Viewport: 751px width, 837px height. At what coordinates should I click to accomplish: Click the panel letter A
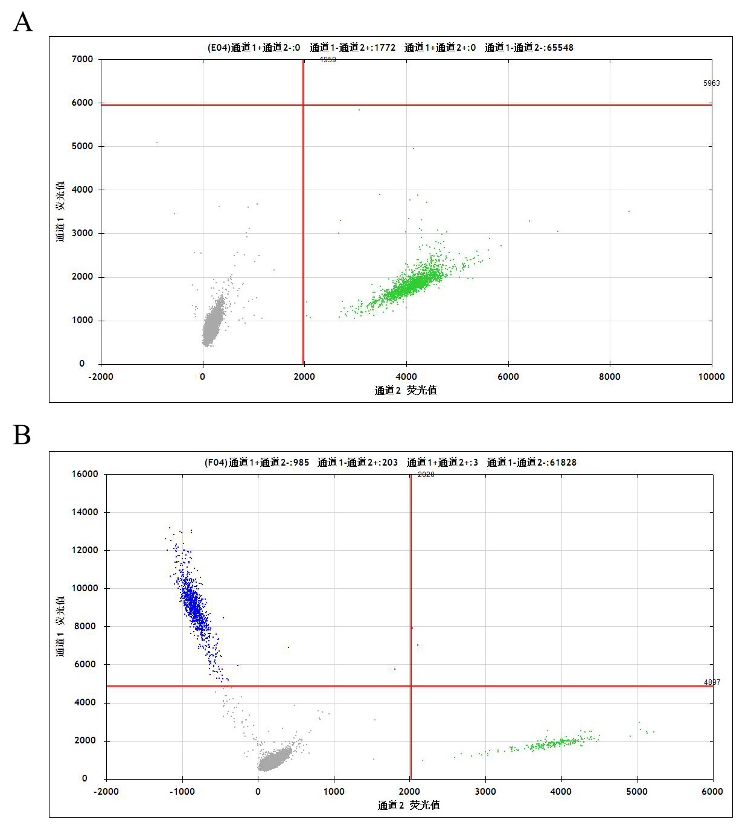pos(23,22)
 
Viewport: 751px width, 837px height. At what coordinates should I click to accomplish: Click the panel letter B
pos(22,435)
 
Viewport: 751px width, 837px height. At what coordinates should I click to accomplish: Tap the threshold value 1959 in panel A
pos(328,60)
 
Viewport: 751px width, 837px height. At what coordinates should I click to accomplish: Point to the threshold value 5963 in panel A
pos(711,83)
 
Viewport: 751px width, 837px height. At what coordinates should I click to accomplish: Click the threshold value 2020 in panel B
pos(426,475)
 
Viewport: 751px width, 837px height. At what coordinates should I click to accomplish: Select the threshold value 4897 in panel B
pos(712,682)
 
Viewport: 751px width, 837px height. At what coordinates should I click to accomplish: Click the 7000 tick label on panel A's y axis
pos(82,59)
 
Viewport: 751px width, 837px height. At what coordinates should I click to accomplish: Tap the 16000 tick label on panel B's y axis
pos(85,474)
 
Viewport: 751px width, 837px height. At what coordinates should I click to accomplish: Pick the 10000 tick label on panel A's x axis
pos(711,377)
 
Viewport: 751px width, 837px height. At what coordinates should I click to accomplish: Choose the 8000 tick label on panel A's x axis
pos(609,377)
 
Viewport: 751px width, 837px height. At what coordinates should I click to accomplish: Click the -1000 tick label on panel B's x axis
pos(182,792)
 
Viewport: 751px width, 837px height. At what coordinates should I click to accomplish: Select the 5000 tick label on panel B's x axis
pos(636,792)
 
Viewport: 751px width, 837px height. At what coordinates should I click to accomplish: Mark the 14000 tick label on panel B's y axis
pos(85,512)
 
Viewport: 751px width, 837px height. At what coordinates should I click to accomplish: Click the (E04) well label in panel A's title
pos(219,48)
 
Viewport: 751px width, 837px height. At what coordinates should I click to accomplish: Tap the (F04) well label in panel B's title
pos(216,463)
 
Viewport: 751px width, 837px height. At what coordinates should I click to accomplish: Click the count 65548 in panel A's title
pos(560,48)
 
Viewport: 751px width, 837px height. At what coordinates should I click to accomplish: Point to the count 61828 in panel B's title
pos(563,463)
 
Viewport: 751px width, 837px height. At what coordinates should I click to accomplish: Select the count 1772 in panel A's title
pos(385,48)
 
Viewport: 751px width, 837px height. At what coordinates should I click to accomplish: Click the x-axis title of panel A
pos(406,391)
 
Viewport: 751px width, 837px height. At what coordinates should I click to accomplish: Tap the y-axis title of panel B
pos(60,626)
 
